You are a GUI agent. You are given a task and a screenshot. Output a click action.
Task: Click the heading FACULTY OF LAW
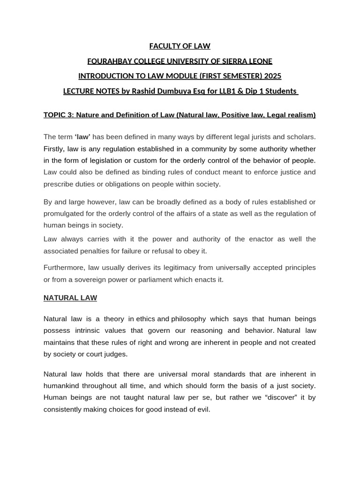[x=180, y=46]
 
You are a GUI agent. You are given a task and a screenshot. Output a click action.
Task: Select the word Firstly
[x=55, y=149]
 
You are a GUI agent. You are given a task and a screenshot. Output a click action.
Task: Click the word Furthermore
[x=64, y=267]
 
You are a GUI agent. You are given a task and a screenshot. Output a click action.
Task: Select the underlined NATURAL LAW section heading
[x=70, y=298]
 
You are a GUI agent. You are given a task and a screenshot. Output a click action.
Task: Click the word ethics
[x=145, y=319]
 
